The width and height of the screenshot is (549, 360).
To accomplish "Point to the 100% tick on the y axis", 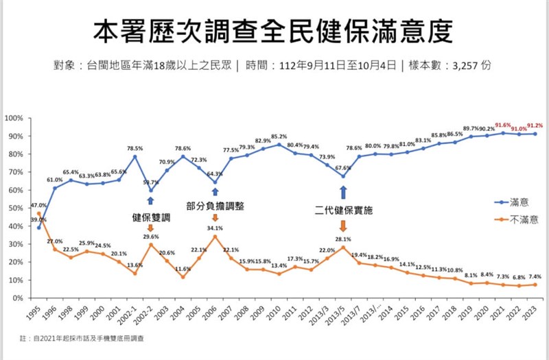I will pos(14,119).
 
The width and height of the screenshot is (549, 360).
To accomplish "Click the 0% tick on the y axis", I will pos(19,298).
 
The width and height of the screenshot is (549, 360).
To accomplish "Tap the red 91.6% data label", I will pos(504,125).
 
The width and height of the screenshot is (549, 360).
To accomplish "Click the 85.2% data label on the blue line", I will pos(279,136).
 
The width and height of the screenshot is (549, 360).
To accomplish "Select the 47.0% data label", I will pos(38,205).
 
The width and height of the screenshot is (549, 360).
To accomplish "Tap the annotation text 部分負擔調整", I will pos(215,206).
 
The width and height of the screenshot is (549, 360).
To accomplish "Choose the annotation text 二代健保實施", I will pos(343,211).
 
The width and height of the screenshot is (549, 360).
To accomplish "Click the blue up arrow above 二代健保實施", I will pos(343,193).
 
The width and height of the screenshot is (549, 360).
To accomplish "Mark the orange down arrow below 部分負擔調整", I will pos(215,218).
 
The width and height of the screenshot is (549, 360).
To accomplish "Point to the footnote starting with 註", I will pos(82,338).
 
